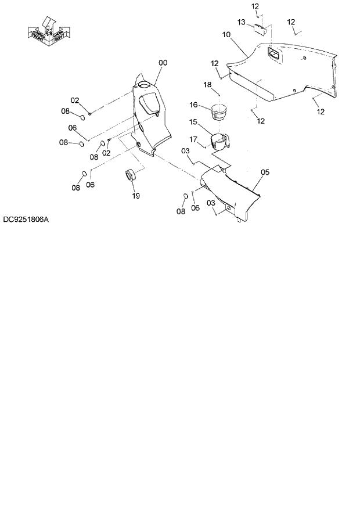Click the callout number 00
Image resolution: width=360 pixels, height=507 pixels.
coord(163,63)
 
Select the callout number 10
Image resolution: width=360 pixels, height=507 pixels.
coord(227,35)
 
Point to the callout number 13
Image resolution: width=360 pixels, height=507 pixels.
coord(242,21)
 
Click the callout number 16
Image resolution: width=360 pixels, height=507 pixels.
coord(195,105)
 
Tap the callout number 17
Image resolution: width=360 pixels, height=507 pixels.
coord(193,139)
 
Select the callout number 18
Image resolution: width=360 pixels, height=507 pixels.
coord(207,85)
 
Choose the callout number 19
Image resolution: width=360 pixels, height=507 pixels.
coord(136,196)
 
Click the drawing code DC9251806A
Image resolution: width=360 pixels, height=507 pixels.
coord(26,220)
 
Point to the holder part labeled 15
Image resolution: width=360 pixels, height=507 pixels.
coord(219,142)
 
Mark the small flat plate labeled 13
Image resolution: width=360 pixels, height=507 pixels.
coord(260,29)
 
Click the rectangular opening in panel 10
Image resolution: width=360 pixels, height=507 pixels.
coord(273,54)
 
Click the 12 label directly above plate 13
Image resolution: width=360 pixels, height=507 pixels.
coord(255,6)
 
